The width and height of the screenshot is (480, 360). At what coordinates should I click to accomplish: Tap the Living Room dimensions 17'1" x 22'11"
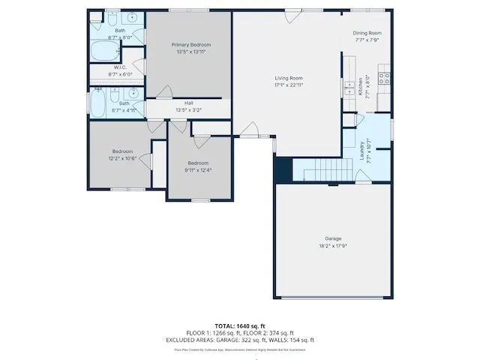coord(288,85)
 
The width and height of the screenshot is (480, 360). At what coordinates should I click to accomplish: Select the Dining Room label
coord(367,33)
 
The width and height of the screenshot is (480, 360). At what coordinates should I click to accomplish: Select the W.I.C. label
coord(99,67)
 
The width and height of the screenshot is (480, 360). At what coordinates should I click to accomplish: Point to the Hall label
coord(189,103)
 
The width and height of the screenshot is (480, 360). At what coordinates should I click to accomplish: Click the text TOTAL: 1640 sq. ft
coord(240,326)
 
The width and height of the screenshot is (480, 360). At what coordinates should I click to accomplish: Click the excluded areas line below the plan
coord(240,340)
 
